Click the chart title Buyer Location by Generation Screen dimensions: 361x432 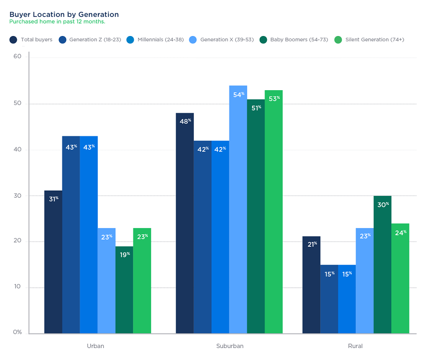[64, 14]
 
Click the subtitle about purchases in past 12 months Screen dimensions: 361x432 [57, 22]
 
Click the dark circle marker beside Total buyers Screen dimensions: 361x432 [13, 39]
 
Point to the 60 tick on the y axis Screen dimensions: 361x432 [18, 57]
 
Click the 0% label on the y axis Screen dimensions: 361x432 [17, 332]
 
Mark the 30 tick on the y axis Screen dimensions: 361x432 [18, 195]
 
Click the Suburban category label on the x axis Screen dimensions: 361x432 [230, 346]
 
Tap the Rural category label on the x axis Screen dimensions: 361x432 [355, 346]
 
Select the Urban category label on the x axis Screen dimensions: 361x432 [96, 346]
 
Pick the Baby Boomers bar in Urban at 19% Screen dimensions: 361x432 [124, 293]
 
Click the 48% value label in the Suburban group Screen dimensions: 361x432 [185, 121]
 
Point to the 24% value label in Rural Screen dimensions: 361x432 [401, 232]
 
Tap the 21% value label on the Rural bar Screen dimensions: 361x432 [312, 244]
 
